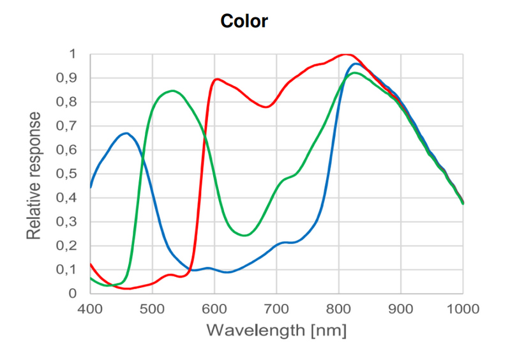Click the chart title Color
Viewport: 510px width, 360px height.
point(244,21)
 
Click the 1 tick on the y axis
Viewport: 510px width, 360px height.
point(72,54)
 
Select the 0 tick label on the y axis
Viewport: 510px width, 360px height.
point(72,294)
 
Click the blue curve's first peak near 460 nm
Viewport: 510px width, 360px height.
point(126,133)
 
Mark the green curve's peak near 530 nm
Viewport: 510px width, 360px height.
point(172,91)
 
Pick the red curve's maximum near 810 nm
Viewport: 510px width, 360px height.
point(345,54)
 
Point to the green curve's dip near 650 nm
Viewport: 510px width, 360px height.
point(244,235)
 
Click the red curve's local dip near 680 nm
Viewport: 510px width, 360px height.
point(266,107)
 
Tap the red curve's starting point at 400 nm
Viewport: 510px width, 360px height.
point(90,264)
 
